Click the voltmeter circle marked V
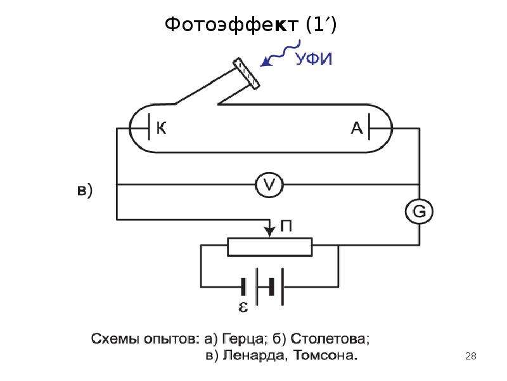pyautogui.click(x=269, y=185)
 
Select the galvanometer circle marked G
pyautogui.click(x=420, y=211)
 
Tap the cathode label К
pyautogui.click(x=162, y=128)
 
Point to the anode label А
pyautogui.click(x=357, y=128)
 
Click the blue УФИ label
pyautogui.click(x=314, y=59)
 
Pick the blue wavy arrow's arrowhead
pyautogui.click(x=266, y=62)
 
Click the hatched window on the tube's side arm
pyautogui.click(x=246, y=74)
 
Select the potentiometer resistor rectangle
pyautogui.click(x=270, y=247)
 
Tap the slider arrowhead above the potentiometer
pyautogui.click(x=269, y=231)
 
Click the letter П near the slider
pyautogui.click(x=286, y=226)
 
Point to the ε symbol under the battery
pyautogui.click(x=243, y=307)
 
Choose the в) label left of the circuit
pyautogui.click(x=85, y=190)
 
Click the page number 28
pyautogui.click(x=471, y=356)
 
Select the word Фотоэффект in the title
pyautogui.click(x=231, y=24)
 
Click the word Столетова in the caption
pyautogui.click(x=330, y=339)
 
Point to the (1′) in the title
pyautogui.click(x=321, y=25)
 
